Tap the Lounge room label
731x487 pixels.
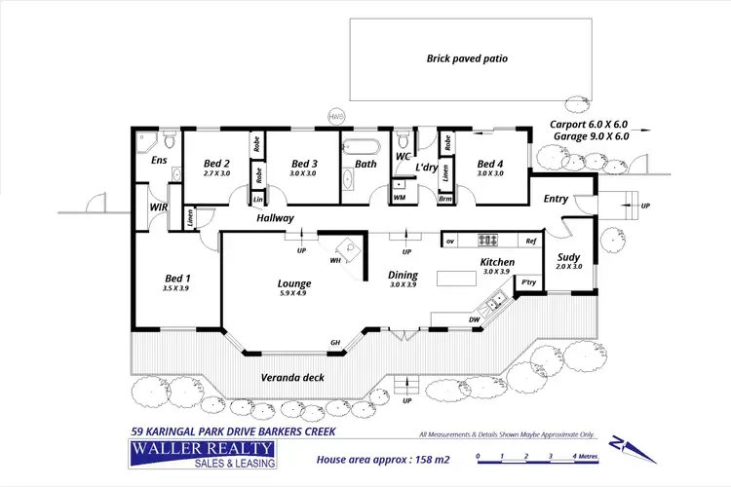pos(293,283)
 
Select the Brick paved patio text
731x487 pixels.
pos(467,58)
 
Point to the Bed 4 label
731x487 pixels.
pos(490,164)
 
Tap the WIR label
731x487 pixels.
pos(158,207)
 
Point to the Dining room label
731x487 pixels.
pos(403,275)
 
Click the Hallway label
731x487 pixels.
pos(276,219)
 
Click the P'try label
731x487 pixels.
pos(528,282)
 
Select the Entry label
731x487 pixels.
pos(556,199)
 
